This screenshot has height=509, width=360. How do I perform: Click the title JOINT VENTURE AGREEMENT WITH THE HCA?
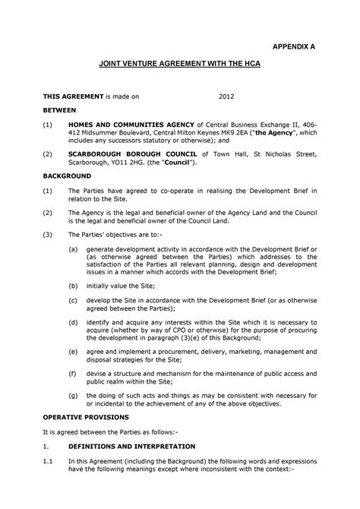pos(180,67)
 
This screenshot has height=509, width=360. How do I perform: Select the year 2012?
pos(227,97)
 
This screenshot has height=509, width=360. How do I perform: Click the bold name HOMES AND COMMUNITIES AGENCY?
pos(131,123)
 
